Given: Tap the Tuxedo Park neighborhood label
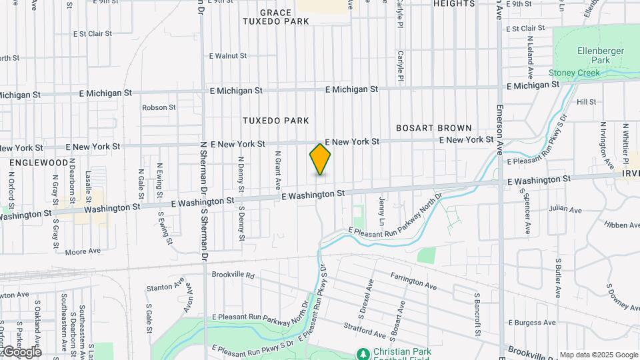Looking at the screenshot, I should coord(276,121).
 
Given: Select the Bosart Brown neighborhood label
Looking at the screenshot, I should coord(434,127).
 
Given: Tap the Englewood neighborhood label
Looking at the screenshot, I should coord(39,162).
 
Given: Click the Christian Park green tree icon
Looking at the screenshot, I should coord(363,353).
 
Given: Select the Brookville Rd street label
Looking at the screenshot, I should coord(233,275).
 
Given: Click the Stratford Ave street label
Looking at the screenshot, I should coord(365,330).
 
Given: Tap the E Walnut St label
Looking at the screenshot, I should coord(228,56).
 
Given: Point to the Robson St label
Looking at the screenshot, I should coord(159,107).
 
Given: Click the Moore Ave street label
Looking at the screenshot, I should coord(83,251).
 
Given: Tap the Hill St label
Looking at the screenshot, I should coord(587,102).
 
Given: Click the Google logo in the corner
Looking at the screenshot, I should coord(22,352).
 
